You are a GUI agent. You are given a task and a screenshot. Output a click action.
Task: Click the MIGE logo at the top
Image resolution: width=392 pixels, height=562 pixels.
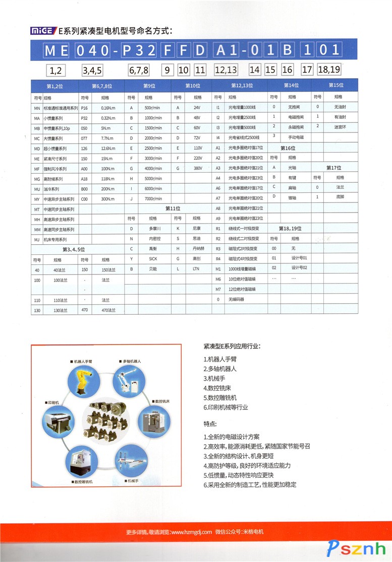point(43,31)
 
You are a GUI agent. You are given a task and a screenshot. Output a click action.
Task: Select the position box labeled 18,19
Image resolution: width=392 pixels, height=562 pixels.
point(329,69)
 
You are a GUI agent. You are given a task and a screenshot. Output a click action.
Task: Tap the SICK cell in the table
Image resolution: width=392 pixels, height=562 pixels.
point(152,259)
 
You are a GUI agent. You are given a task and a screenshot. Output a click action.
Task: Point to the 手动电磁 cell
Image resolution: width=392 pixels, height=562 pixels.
point(295,137)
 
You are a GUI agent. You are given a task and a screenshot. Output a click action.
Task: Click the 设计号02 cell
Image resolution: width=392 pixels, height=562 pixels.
point(299,268)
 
